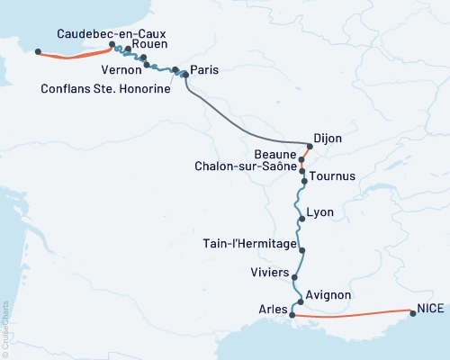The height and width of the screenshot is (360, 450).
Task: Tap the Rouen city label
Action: click(148, 43)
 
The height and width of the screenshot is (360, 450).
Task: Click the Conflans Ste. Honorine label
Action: click(106, 88)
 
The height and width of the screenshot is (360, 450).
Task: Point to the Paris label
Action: click(205, 69)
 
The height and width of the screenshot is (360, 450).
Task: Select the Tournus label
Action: click(332, 175)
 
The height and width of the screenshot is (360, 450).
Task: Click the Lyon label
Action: click(320, 212)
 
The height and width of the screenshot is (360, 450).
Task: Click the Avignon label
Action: click(328, 294)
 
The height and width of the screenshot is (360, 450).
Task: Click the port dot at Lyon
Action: click(301, 218)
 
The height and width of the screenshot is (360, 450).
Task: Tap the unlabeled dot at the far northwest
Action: click(37, 51)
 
